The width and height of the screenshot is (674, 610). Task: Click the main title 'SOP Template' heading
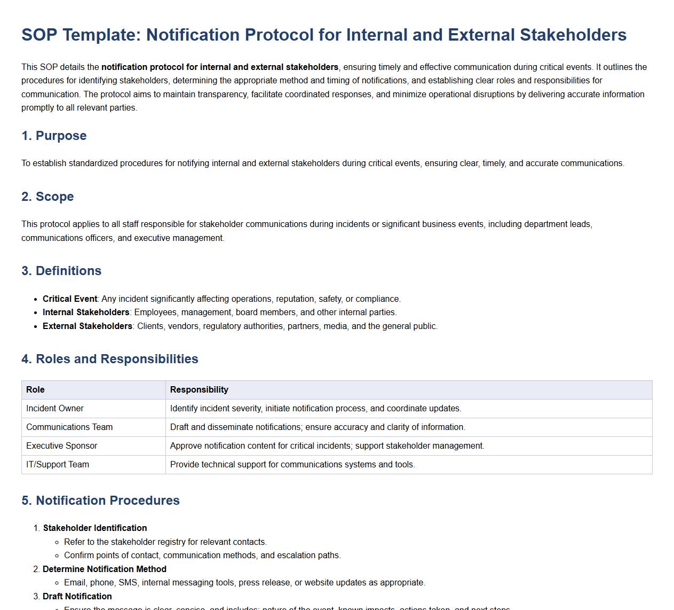(x=323, y=35)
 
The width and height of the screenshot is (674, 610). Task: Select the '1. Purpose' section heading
(x=54, y=136)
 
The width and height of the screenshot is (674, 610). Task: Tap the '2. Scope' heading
(x=47, y=197)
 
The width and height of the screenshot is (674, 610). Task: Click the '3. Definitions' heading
(x=61, y=271)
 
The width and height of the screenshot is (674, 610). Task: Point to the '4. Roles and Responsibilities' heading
(x=109, y=359)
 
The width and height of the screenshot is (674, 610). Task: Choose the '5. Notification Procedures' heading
(x=100, y=500)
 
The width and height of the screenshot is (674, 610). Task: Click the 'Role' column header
(x=35, y=390)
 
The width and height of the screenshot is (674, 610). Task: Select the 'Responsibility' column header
(x=199, y=390)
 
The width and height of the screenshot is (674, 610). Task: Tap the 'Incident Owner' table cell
(x=55, y=409)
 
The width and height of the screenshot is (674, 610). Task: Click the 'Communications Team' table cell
(x=69, y=427)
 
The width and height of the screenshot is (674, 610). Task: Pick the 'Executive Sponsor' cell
(x=62, y=446)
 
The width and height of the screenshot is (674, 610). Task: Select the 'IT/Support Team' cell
(x=58, y=465)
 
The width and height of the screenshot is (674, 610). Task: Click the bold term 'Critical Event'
(x=70, y=299)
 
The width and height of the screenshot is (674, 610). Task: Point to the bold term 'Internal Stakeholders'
(x=86, y=312)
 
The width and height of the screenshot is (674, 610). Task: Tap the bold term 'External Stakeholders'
(x=88, y=326)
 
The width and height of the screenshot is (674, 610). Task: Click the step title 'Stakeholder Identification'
(x=95, y=528)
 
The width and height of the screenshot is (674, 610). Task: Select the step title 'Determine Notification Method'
(x=105, y=569)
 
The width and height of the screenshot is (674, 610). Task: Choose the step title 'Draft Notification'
(x=77, y=597)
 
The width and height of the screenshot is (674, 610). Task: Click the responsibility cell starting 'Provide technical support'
(x=292, y=465)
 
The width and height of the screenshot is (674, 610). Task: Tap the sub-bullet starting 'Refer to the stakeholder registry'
(x=165, y=542)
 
